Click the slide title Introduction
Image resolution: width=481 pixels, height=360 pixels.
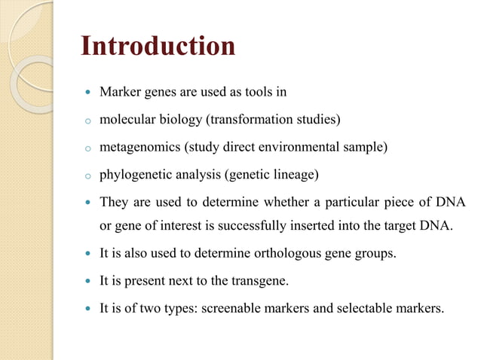(x=158, y=46)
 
